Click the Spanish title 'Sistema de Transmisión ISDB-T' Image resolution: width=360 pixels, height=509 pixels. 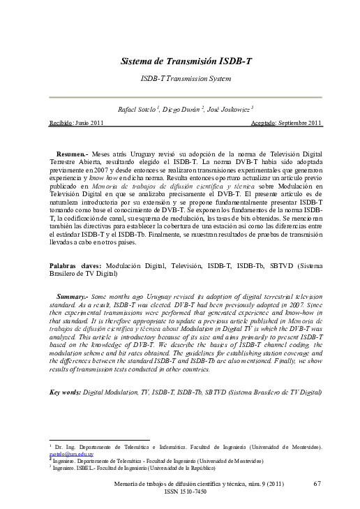coord(186,61)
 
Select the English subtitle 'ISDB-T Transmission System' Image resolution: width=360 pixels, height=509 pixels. coord(186,80)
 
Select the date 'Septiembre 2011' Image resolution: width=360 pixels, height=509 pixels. coord(301,123)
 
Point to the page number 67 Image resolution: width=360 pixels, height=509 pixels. coord(317,483)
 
